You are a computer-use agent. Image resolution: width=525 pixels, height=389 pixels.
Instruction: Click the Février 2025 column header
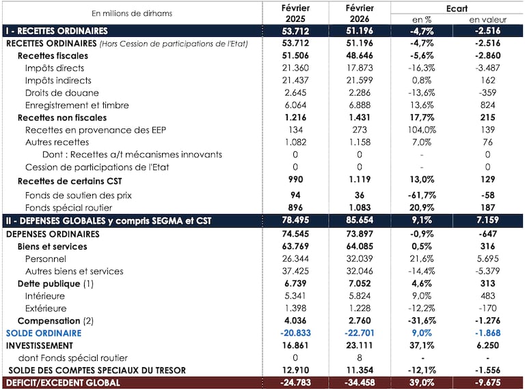pos(295,13)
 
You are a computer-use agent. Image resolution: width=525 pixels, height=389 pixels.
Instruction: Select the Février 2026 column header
pos(359,13)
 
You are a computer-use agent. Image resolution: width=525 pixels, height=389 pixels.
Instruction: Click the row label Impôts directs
pos(55,68)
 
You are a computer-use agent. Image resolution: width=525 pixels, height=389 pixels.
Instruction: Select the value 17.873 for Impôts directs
pos(359,68)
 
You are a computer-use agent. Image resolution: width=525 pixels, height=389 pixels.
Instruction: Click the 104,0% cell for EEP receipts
pos(422,130)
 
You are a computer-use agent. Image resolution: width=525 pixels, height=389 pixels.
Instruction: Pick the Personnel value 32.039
pos(359,259)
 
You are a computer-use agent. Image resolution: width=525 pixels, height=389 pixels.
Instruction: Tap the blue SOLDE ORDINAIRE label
pos(44,333)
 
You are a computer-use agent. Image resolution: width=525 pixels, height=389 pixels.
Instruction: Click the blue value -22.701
pos(359,333)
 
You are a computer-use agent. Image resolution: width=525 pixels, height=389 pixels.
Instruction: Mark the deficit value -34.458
pos(359,383)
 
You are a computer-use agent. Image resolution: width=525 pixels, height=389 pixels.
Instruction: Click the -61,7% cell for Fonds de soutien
pos(422,195)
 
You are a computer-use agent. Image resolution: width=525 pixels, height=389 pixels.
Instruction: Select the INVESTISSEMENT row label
pos(39,345)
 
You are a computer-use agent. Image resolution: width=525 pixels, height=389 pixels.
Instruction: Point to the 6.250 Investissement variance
pos(487,345)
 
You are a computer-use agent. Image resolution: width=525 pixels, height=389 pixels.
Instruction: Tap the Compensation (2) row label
pos(55,321)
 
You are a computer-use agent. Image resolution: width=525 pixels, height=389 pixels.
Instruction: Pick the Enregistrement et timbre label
pos(71,105)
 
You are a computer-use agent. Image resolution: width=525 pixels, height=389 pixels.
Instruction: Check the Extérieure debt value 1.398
pos(295,308)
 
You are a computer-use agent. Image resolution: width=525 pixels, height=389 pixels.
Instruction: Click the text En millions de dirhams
pos(132,13)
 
